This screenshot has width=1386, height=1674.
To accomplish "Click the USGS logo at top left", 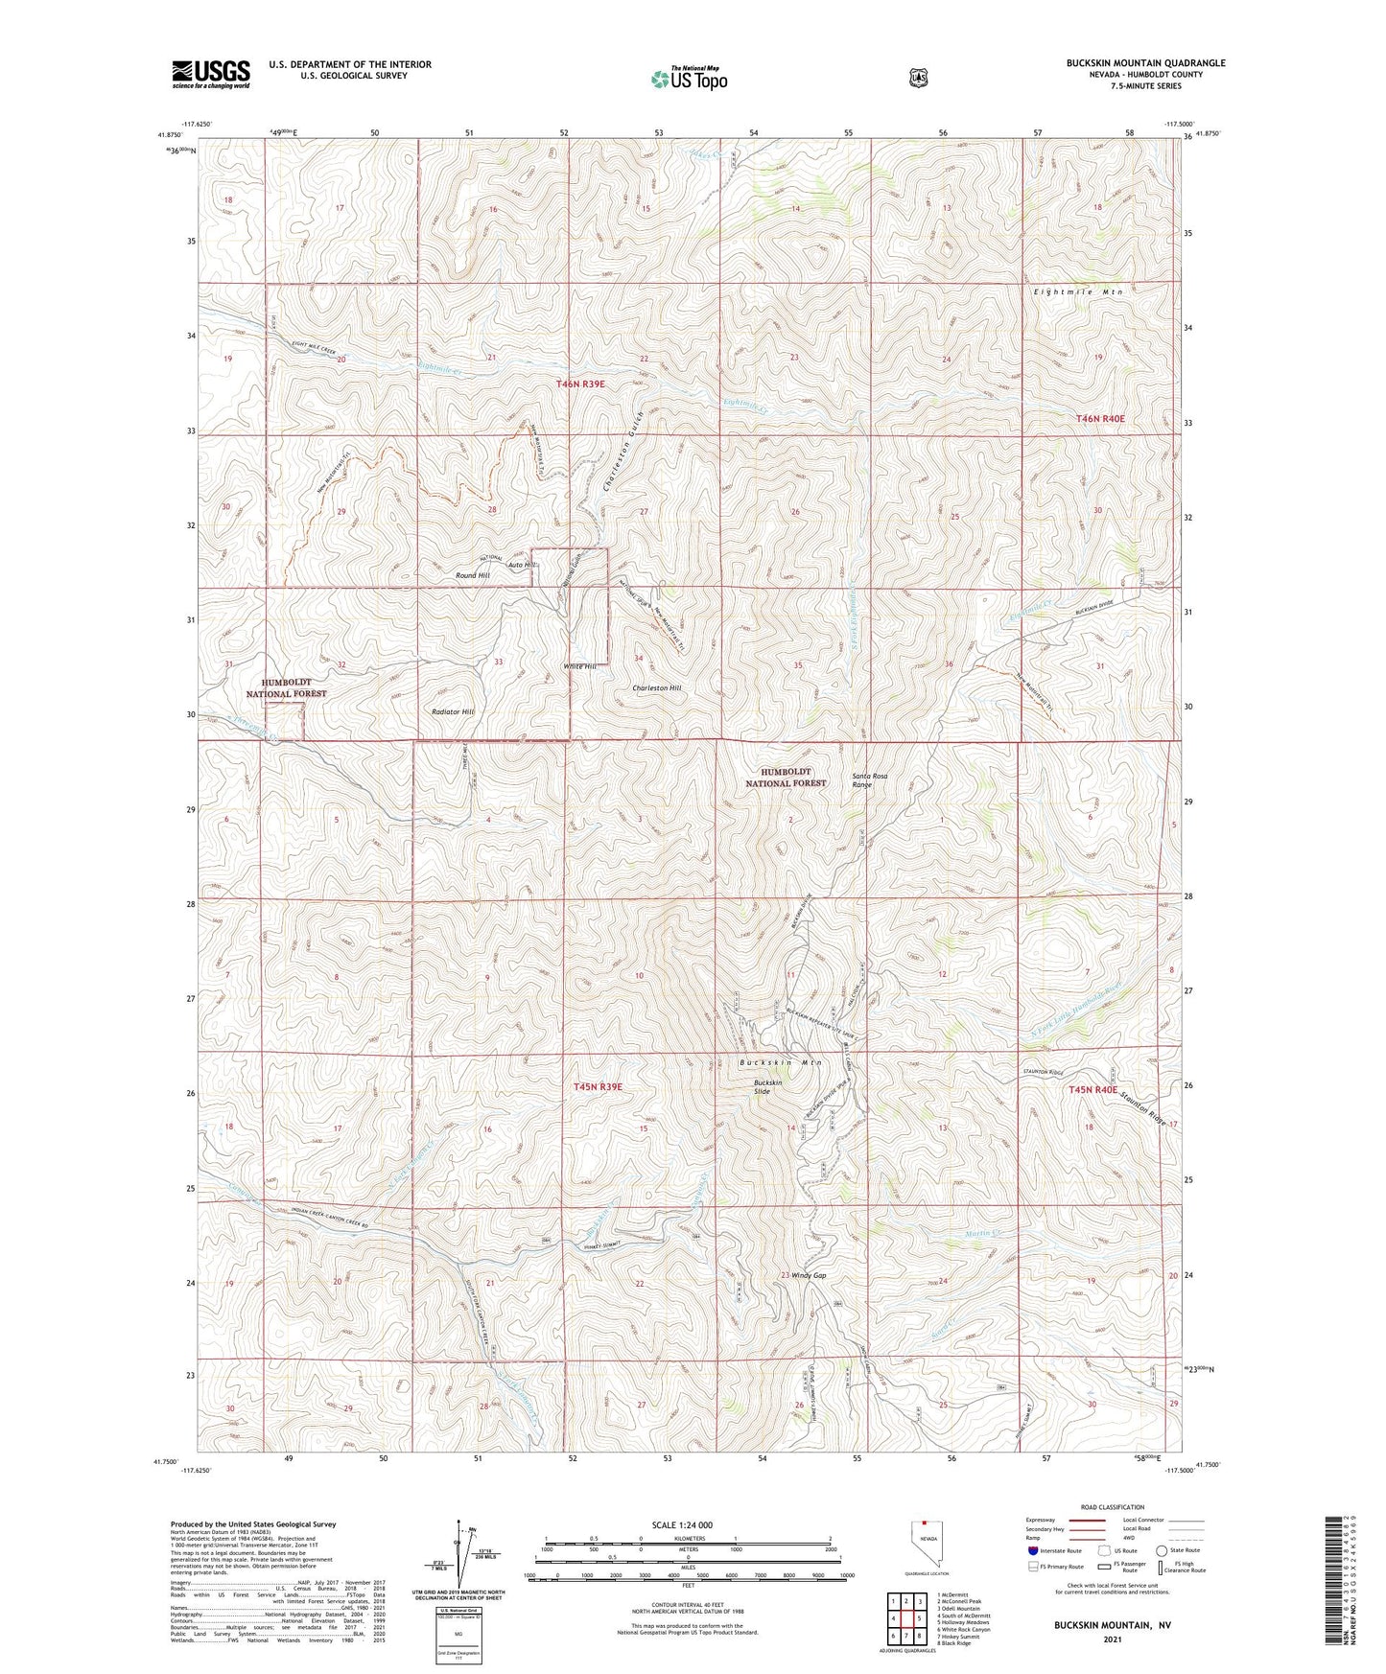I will coord(211,74).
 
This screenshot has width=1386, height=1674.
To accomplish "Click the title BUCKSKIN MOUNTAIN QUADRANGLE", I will coord(1145,63).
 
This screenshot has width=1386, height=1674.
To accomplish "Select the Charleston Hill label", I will coord(657,688).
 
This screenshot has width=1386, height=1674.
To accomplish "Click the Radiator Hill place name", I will coord(453,712).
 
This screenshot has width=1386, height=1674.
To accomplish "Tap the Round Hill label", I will coord(473,575).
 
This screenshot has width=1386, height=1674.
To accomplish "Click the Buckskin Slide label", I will coord(767,1087).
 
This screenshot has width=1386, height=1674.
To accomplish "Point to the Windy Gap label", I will coord(809,1275).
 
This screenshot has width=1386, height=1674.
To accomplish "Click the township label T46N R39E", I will coord(581,384).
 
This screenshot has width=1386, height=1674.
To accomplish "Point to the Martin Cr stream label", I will coord(982,1233).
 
